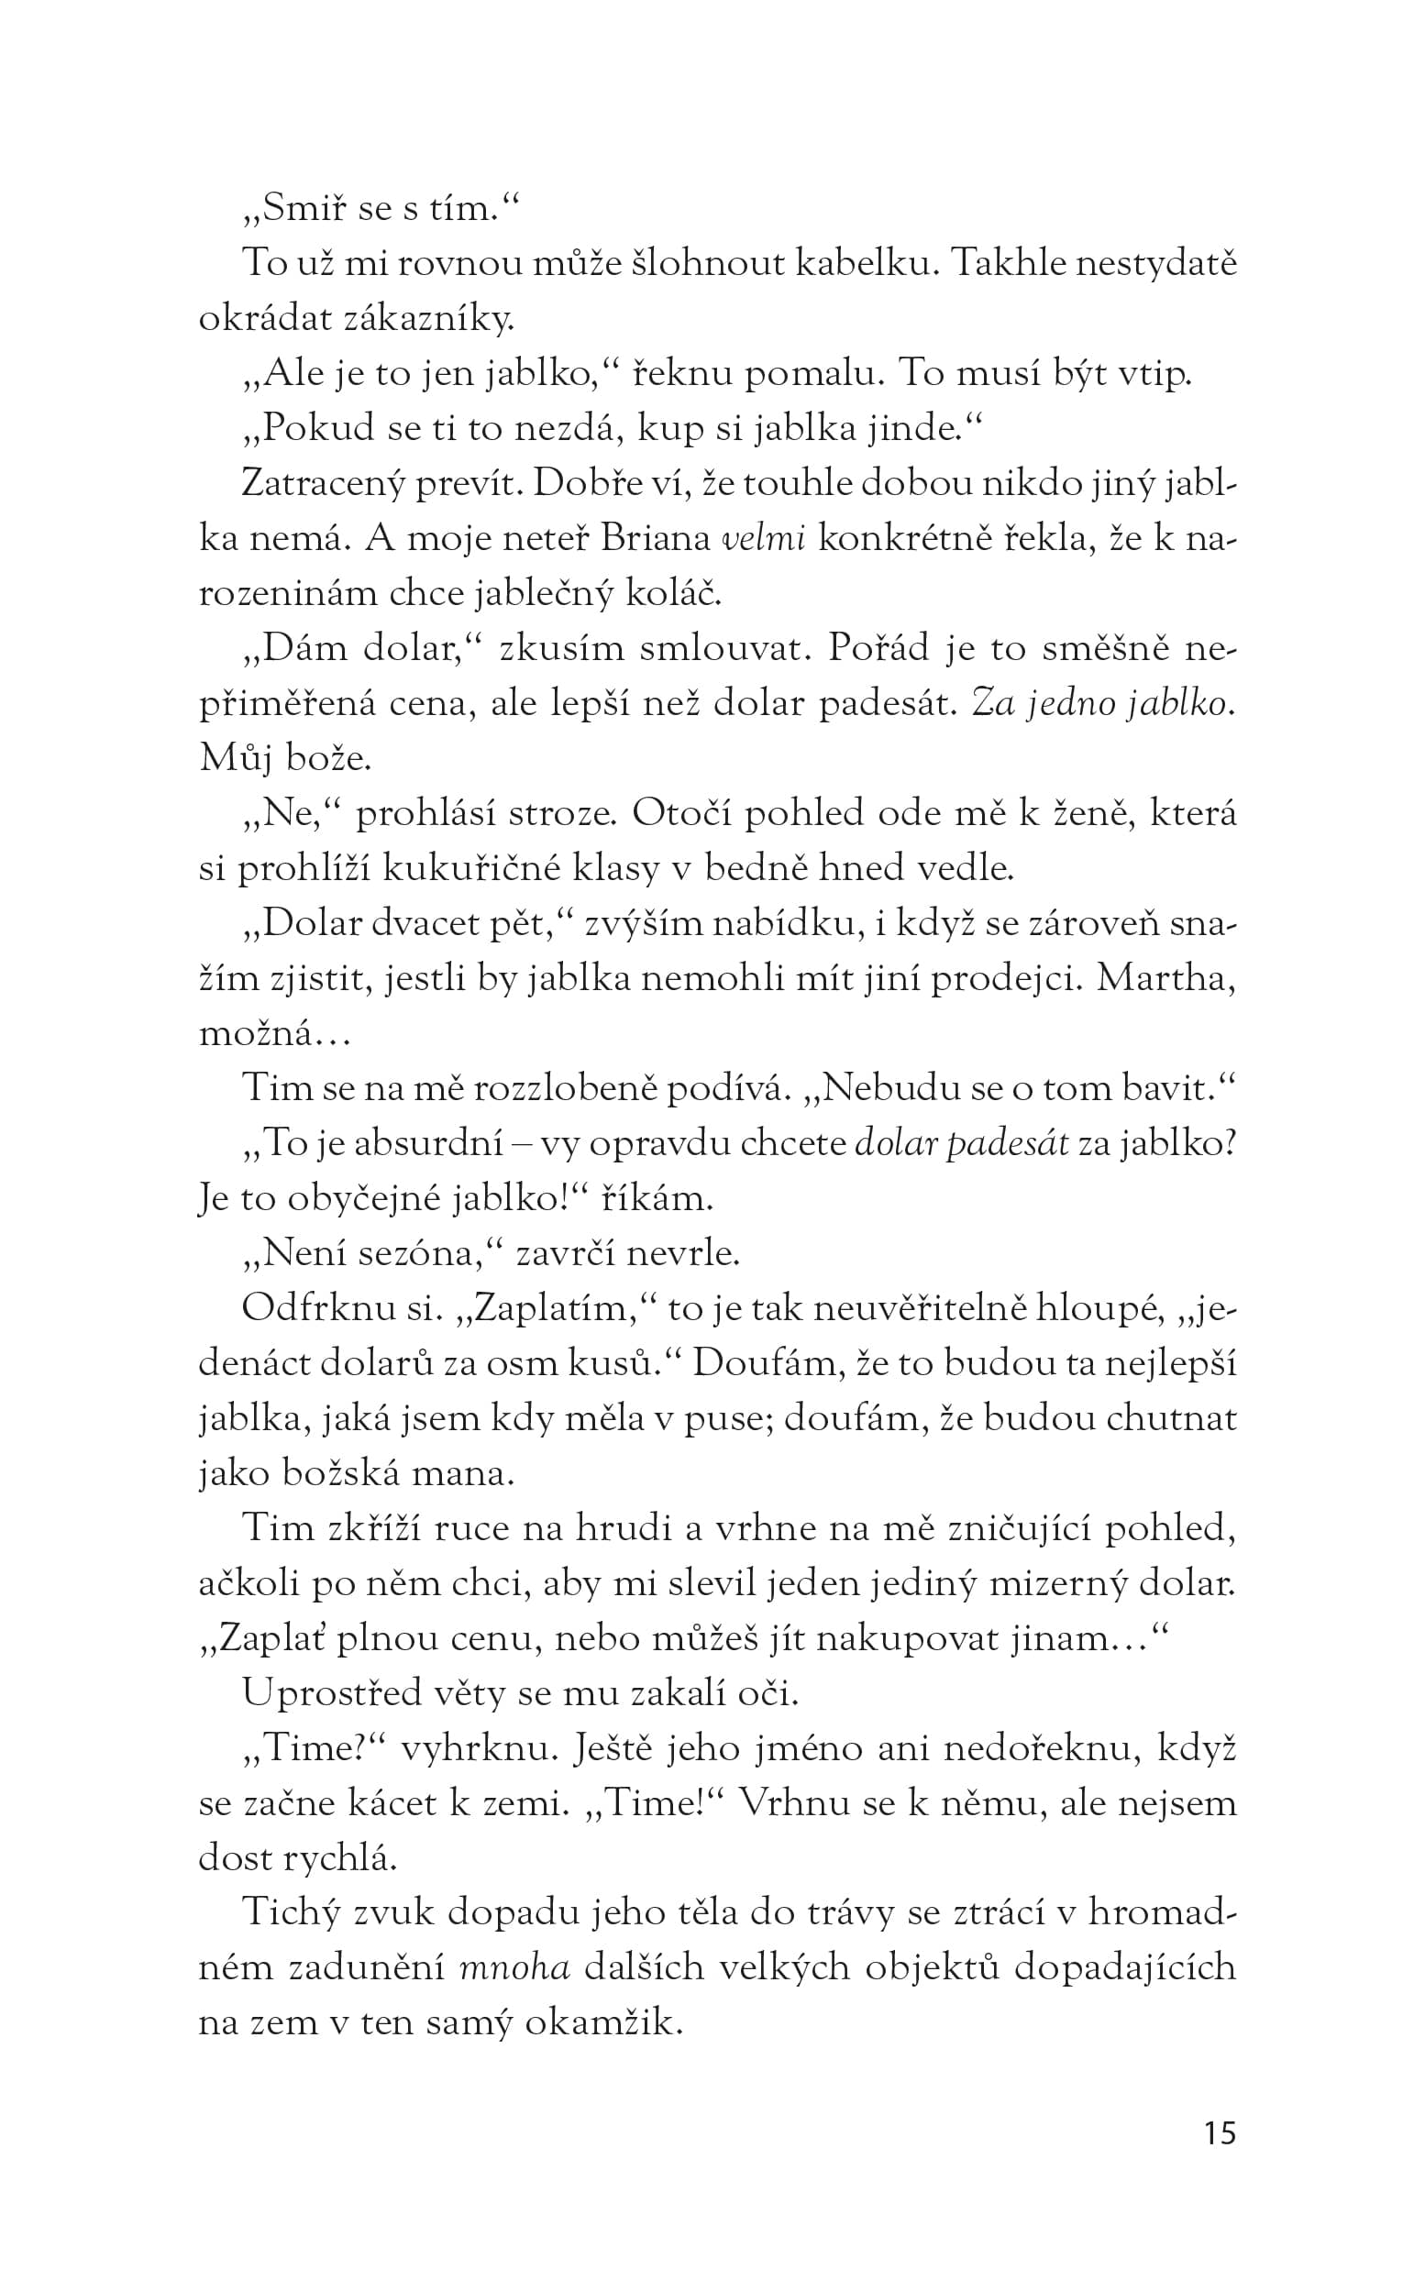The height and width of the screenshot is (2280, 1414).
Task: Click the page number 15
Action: pyautogui.click(x=1220, y=2132)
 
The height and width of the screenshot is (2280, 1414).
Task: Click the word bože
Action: pyautogui.click(x=328, y=759)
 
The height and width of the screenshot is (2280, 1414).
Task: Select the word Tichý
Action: pyautogui.click(x=287, y=1912)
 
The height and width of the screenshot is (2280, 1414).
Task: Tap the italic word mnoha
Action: pyautogui.click(x=515, y=1967)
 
